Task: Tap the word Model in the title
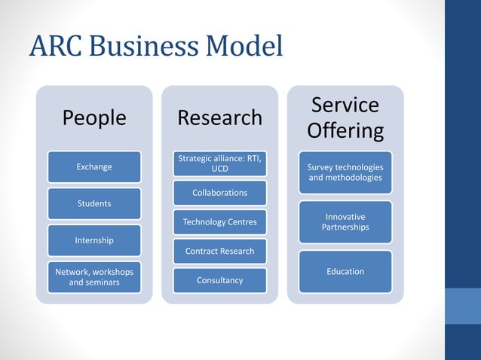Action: [x=240, y=47]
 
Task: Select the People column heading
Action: [x=94, y=118]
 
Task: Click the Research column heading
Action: [x=219, y=118]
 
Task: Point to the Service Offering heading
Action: [x=345, y=117]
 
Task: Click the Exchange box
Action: [x=94, y=166]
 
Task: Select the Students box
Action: [x=94, y=203]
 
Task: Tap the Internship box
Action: [x=94, y=240]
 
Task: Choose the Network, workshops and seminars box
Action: [x=94, y=276]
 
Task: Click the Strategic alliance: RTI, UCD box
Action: [x=219, y=163]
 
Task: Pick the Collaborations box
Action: [x=219, y=193]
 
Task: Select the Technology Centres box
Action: [x=219, y=222]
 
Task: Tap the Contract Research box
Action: [x=219, y=251]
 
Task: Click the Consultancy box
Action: [x=219, y=280]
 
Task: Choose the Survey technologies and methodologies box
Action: [x=345, y=172]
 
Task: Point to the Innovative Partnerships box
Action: [x=345, y=222]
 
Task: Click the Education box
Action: [x=345, y=271]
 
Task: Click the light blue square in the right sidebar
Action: [x=463, y=306]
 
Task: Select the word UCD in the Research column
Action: [x=219, y=169]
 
